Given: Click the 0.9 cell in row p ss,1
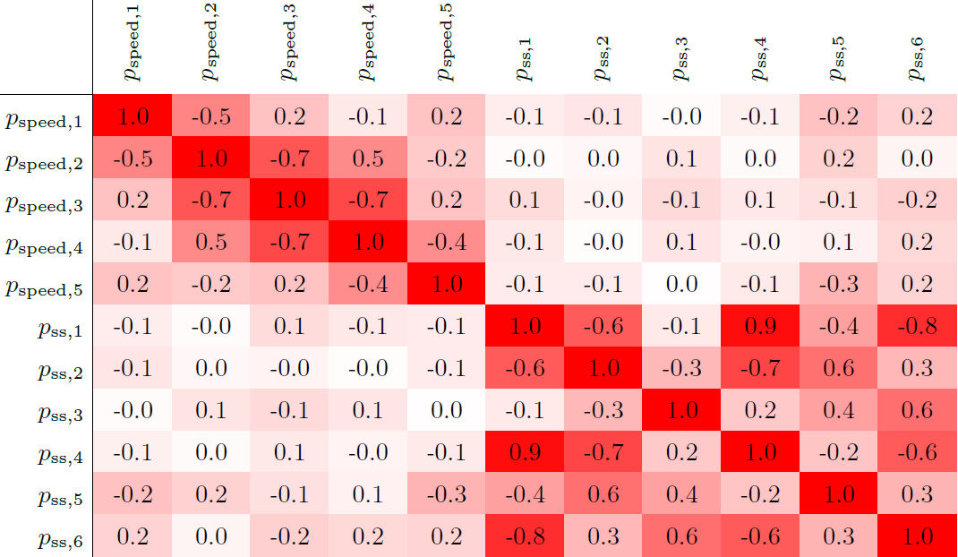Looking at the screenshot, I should pyautogui.click(x=761, y=327).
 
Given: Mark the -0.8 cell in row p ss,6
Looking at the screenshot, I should pyautogui.click(x=525, y=537).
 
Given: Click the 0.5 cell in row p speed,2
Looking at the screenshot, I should pyautogui.click(x=367, y=159).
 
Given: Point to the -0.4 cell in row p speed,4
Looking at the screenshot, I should pyautogui.click(x=446, y=243).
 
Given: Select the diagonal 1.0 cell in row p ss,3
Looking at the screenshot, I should pyautogui.click(x=682, y=411).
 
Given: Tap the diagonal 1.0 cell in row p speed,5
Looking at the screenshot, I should pyautogui.click(x=446, y=285).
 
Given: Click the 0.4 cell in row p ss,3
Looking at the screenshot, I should pyautogui.click(x=840, y=411).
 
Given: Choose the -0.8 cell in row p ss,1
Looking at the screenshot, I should pyautogui.click(x=919, y=327).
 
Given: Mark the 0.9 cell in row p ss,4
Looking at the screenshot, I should pyautogui.click(x=525, y=453).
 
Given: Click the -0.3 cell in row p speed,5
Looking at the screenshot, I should pyautogui.click(x=840, y=285).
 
